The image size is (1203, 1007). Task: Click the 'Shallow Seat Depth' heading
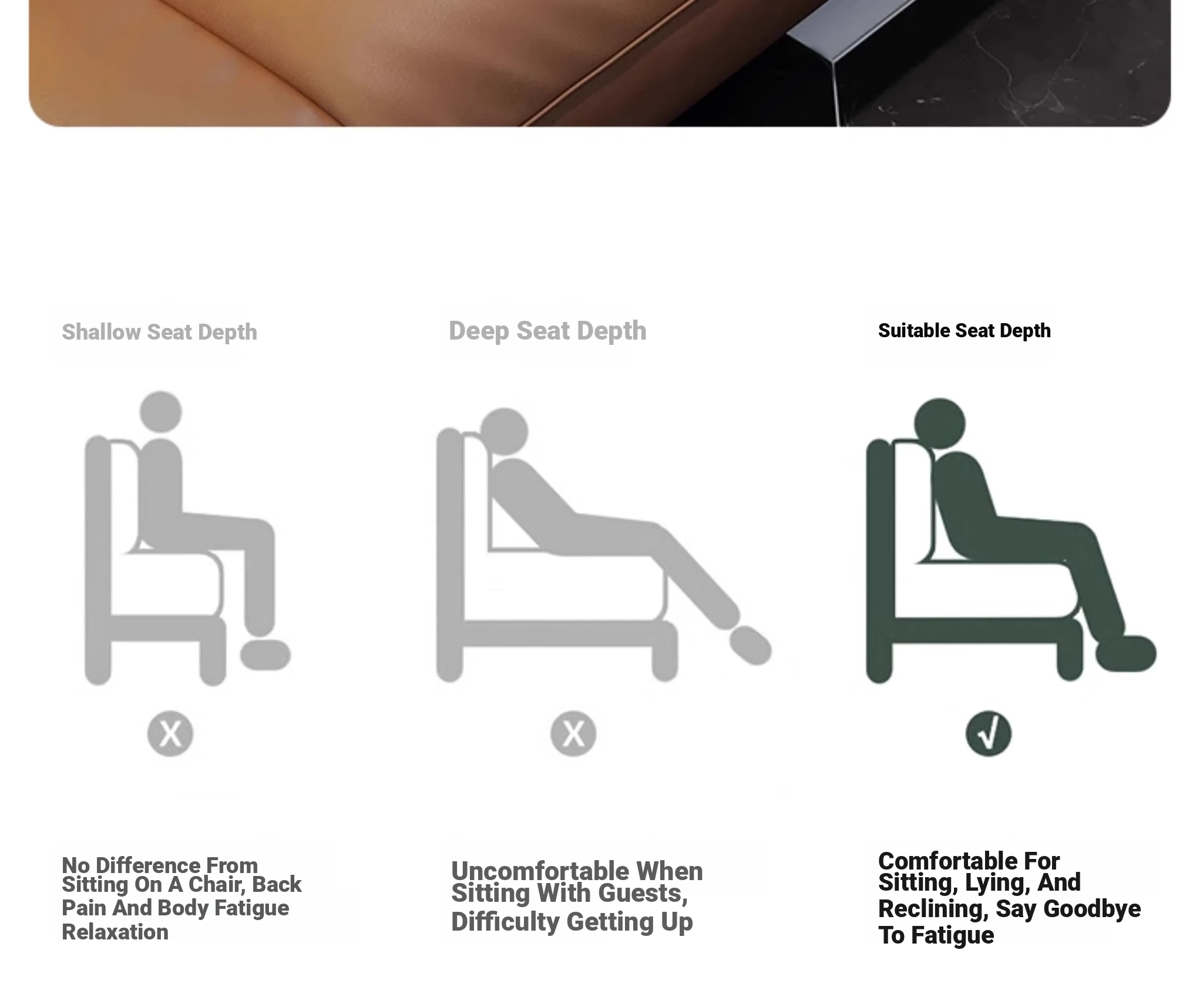(159, 332)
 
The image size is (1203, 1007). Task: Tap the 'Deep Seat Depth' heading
(547, 331)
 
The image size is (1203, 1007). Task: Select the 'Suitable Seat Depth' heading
(964, 331)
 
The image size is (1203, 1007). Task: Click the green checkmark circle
(989, 734)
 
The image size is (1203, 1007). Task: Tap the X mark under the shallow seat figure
(170, 734)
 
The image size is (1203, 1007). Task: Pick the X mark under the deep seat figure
(573, 734)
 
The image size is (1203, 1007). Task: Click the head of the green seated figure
(939, 424)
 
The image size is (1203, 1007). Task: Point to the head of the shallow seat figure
(161, 412)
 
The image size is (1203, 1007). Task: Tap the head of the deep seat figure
(504, 432)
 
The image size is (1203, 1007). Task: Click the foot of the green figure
(1126, 653)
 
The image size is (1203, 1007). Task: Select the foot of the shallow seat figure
(266, 654)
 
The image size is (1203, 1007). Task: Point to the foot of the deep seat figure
(750, 646)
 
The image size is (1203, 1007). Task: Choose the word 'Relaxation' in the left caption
(115, 932)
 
